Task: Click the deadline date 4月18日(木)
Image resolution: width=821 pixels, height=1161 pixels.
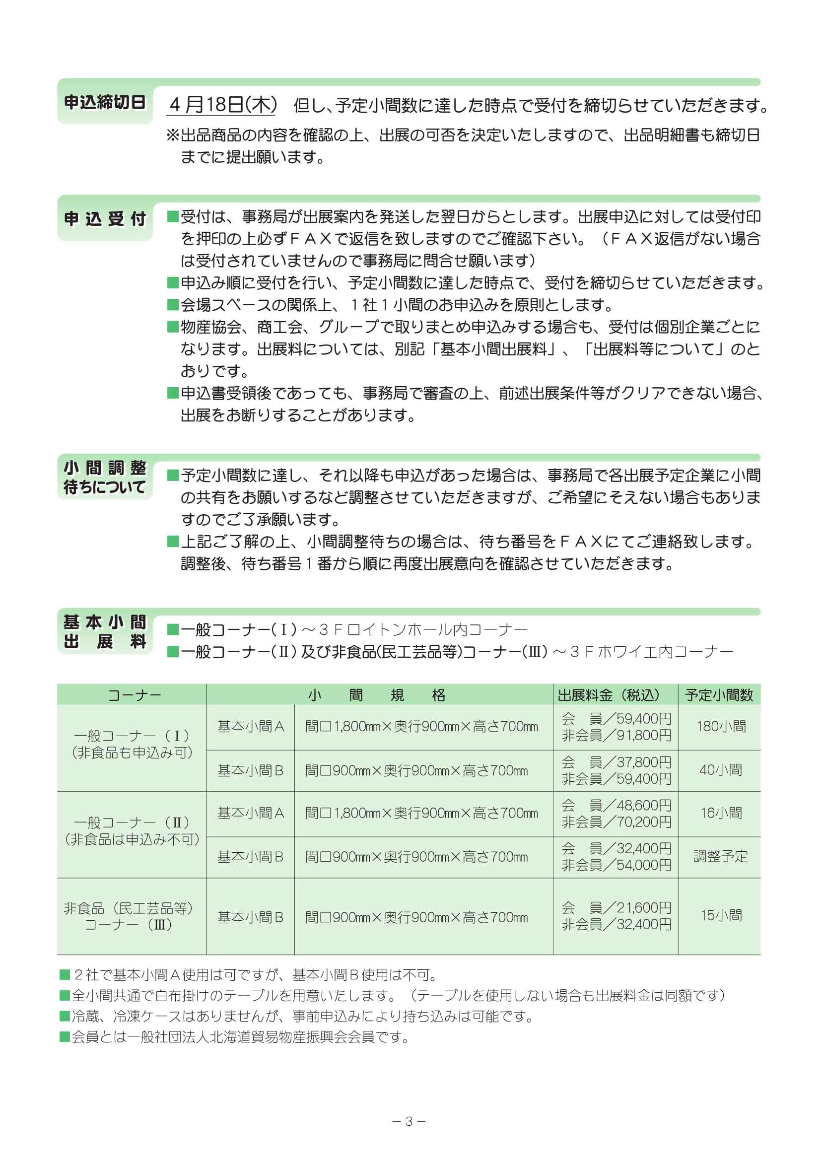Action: point(223,105)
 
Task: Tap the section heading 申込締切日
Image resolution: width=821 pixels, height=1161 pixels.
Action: point(105,102)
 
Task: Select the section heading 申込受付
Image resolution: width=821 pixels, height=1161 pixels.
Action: point(105,219)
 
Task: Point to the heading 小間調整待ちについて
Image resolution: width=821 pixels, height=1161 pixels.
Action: point(105,478)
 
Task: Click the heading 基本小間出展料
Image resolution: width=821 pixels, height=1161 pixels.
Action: point(105,631)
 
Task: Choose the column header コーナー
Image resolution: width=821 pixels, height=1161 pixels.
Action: point(134,695)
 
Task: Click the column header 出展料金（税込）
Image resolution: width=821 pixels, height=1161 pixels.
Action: point(609,695)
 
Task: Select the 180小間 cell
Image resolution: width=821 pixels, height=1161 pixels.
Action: point(721,726)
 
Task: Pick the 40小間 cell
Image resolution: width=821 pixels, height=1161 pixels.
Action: point(720,770)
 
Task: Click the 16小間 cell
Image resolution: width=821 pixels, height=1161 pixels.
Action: point(721,813)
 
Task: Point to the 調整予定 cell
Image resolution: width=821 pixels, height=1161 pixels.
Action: point(720,856)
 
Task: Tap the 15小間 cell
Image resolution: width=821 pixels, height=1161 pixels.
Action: point(721,915)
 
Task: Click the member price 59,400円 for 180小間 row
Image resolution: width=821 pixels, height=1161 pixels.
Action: point(644,718)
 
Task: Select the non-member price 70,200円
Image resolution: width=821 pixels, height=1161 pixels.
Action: point(644,821)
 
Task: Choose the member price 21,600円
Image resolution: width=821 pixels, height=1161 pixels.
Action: point(644,907)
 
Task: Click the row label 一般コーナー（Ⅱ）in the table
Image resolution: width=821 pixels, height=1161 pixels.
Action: point(132,822)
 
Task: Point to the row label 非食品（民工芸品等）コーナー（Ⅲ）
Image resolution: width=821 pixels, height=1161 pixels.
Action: point(130,916)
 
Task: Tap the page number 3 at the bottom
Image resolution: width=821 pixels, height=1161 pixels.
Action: point(409,1121)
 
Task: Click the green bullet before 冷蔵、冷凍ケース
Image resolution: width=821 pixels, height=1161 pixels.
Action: point(64,1016)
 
